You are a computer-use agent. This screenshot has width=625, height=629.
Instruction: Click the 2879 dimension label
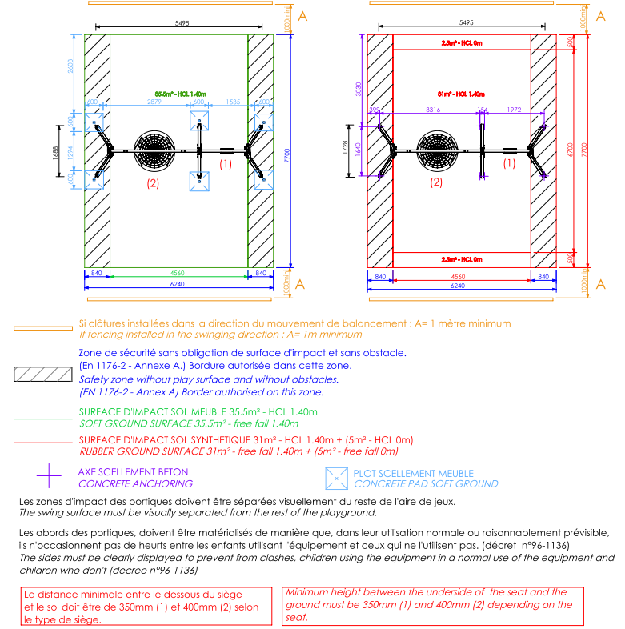(x=155, y=102)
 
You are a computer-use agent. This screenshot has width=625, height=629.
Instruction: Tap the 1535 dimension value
(x=233, y=102)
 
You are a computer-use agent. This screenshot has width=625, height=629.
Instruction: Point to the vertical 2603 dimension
(x=71, y=67)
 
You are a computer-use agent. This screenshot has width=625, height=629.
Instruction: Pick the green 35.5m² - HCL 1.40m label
(x=180, y=94)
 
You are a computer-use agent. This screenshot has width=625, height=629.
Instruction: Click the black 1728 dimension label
(x=350, y=150)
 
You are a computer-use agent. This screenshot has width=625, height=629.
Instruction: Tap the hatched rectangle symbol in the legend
(x=42, y=374)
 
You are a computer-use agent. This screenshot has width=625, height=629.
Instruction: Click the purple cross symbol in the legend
(x=49, y=477)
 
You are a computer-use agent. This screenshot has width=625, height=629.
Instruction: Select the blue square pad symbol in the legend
(x=336, y=478)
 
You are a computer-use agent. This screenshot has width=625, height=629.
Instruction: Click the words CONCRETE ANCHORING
(x=135, y=483)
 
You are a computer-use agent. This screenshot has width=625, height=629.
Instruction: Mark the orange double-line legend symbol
(x=42, y=328)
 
